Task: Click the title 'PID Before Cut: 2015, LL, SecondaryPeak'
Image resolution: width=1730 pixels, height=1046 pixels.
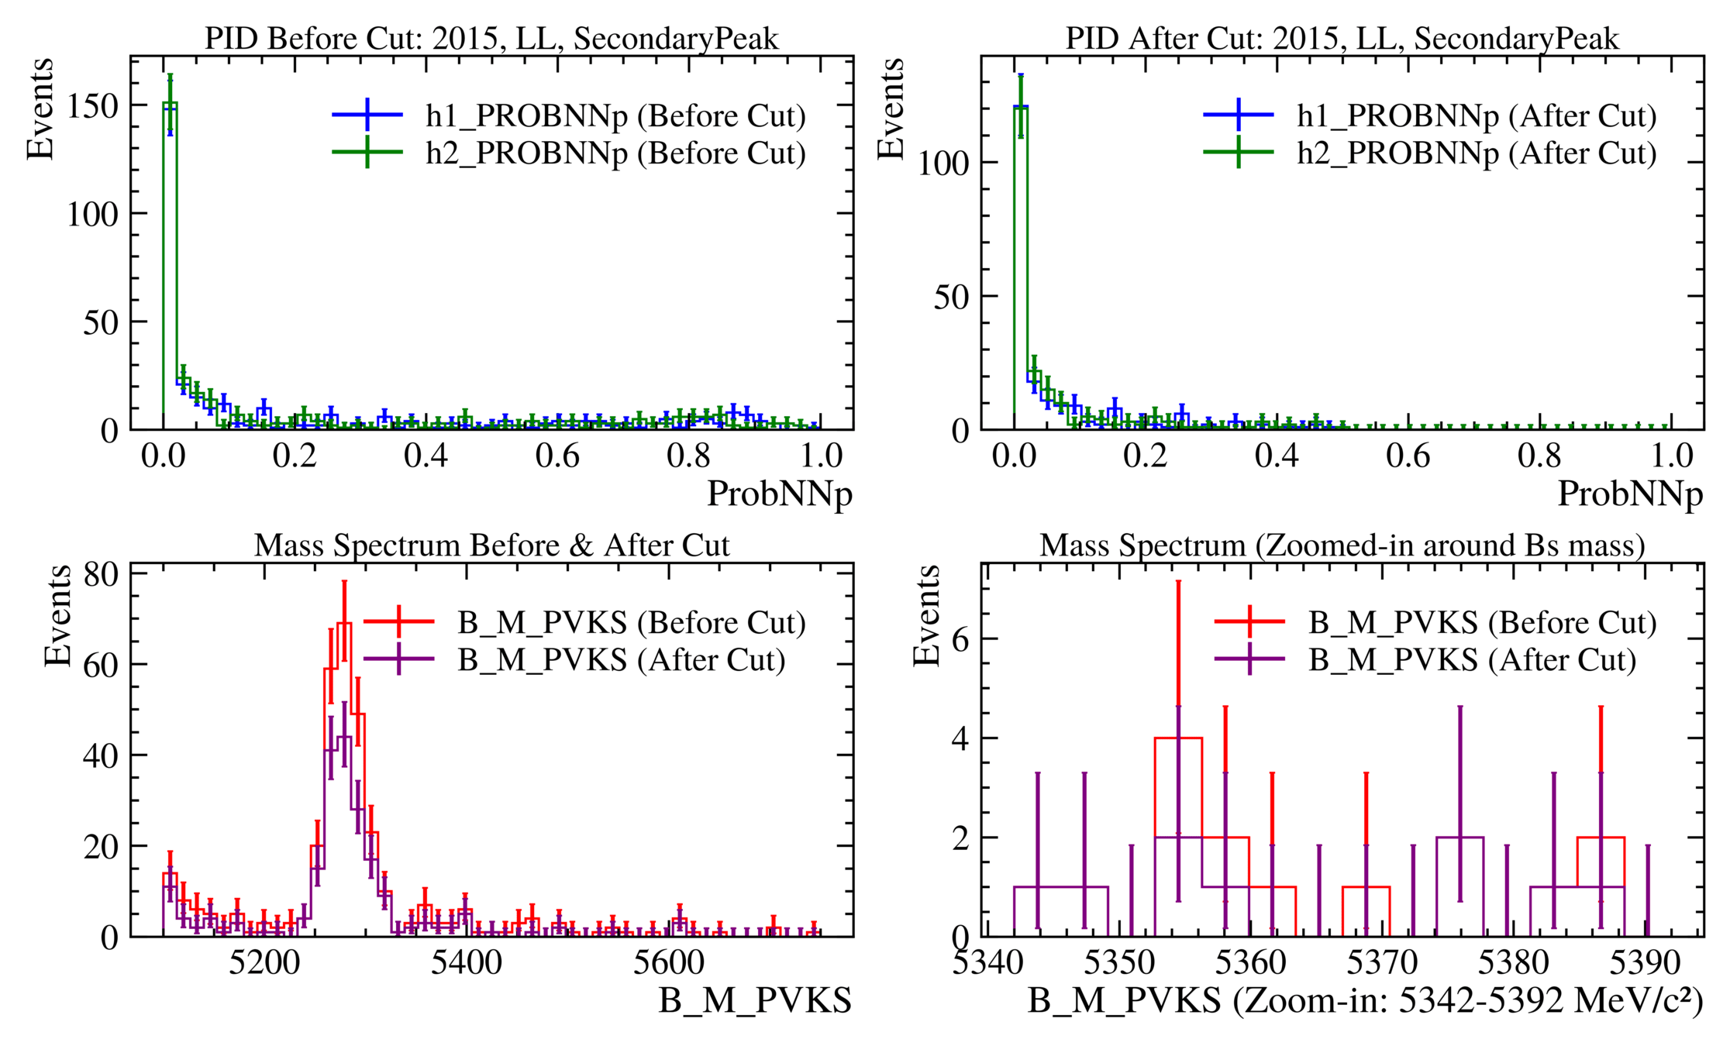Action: (491, 38)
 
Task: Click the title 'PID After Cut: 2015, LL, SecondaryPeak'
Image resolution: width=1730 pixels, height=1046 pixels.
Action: (1342, 38)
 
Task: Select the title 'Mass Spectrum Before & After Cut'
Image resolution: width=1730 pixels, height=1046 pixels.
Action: (491, 545)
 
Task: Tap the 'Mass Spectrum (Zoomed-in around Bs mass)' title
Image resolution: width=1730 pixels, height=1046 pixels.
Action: (1342, 545)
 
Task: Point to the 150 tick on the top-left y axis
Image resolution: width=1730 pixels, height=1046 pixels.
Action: (92, 105)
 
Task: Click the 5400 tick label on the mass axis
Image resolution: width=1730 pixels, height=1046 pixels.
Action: (466, 963)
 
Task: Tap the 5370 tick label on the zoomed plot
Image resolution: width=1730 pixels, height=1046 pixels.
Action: (1382, 963)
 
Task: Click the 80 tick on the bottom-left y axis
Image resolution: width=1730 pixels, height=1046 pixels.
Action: (101, 574)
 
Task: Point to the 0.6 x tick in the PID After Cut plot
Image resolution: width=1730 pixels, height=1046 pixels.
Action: (1408, 456)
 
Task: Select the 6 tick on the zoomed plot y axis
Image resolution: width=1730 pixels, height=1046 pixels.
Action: (960, 639)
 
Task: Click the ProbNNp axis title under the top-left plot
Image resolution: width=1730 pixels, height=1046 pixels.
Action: (779, 494)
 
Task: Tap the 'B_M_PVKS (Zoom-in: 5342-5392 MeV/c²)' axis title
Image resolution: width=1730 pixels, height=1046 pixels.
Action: (1365, 1001)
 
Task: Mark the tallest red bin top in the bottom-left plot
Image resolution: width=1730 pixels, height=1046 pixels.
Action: (344, 623)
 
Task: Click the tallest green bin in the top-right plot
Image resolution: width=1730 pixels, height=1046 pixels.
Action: (1021, 108)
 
